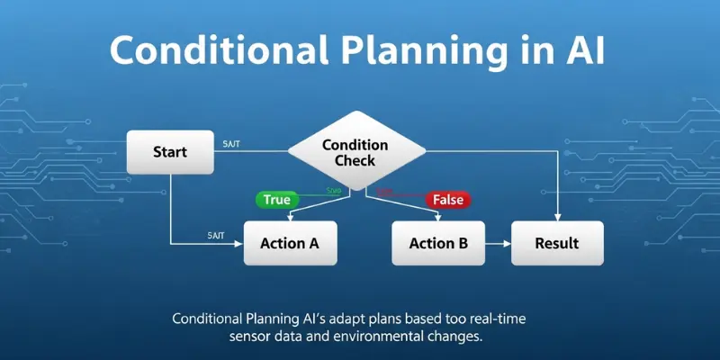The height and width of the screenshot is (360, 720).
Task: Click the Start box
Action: point(170,152)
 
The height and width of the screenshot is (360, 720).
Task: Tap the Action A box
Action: point(289,243)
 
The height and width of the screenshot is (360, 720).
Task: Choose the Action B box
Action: point(438,243)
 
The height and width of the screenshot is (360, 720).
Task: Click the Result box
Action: point(556,243)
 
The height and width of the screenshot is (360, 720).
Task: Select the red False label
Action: point(447,200)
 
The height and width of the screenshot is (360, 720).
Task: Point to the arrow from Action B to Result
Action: point(498,243)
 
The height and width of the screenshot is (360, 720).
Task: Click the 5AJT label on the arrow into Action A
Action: point(216,235)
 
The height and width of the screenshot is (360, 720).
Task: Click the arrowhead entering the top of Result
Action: point(559,218)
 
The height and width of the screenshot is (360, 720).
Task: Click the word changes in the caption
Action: point(460,337)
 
